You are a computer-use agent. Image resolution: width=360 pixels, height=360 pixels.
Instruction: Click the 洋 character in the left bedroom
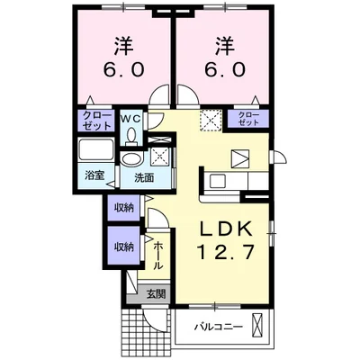121,44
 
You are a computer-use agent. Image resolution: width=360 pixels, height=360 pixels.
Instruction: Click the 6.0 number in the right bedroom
222,68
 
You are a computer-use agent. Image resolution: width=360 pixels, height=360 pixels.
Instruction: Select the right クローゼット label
247,118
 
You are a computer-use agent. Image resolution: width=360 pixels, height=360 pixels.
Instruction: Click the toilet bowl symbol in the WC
132,135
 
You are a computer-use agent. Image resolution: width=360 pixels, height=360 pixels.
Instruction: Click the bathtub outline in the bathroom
94,151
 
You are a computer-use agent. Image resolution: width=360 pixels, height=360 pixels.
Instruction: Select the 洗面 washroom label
144,177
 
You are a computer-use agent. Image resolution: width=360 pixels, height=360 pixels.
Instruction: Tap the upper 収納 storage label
121,208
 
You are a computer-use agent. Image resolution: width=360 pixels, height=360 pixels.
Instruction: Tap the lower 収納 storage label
121,245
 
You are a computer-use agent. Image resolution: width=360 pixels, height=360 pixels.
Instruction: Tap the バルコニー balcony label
218,326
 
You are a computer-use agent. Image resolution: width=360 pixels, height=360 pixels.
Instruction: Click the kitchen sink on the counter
219,181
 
